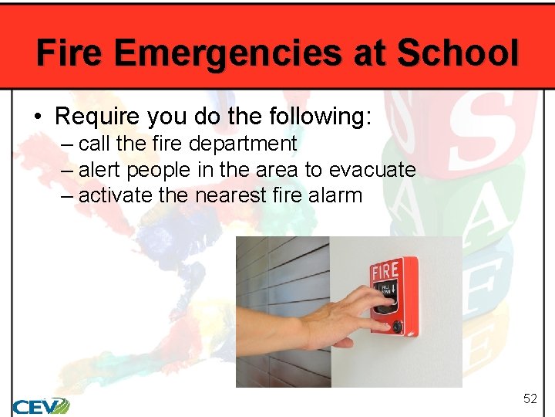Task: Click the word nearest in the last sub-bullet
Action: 230,195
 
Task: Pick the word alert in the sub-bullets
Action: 99,169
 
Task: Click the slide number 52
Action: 530,398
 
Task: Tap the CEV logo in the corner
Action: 40,405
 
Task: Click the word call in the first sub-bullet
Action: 94,144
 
